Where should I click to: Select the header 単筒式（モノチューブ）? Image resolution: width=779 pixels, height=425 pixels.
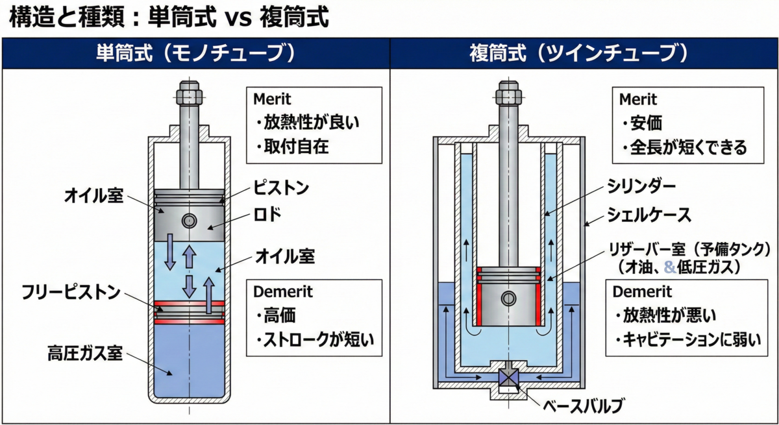(196, 53)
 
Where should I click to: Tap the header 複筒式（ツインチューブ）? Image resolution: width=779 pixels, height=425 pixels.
(578, 53)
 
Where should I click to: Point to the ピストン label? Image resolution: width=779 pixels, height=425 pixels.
(281, 188)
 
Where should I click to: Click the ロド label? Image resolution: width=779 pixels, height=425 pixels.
(267, 214)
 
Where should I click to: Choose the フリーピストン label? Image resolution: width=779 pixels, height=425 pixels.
(71, 292)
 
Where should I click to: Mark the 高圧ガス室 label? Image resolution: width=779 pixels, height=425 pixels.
(85, 353)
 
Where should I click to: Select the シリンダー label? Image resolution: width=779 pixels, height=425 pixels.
(641, 187)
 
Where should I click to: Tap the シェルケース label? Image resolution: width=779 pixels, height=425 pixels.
(649, 215)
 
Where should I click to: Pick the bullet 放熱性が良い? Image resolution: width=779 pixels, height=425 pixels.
(308, 123)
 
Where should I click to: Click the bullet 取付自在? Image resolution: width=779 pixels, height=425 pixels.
(292, 146)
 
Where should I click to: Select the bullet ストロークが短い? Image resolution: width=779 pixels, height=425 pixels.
(315, 339)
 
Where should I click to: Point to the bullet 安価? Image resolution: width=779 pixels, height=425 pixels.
(642, 123)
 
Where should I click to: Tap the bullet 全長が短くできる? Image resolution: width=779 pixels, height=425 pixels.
(684, 147)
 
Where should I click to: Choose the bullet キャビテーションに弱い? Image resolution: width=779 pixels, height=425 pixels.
(687, 340)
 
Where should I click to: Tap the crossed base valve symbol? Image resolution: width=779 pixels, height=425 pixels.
(508, 378)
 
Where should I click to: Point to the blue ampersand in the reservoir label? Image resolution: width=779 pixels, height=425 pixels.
(670, 267)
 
